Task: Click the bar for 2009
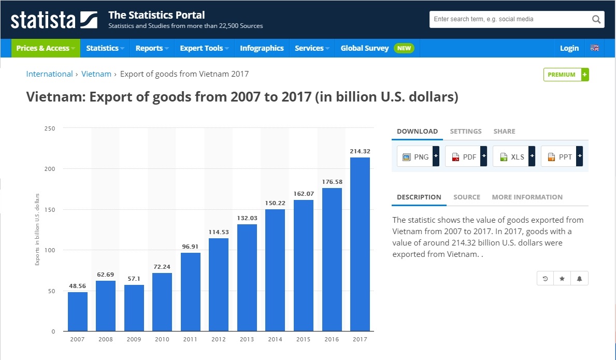[134, 308]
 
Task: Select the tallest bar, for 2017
[360, 244]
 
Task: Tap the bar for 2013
[247, 277]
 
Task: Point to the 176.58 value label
[332, 182]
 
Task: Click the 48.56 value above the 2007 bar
[78, 286]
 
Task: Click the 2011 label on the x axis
[190, 339]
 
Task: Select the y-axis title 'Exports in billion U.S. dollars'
[37, 229]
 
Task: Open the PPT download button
[561, 156]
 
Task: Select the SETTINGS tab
[466, 131]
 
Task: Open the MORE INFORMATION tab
[527, 197]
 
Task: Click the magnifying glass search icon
[596, 20]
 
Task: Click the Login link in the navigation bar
[569, 48]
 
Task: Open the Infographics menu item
[262, 48]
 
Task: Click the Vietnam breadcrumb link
[96, 74]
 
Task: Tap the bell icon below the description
[579, 279]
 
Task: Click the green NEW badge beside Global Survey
[404, 48]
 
